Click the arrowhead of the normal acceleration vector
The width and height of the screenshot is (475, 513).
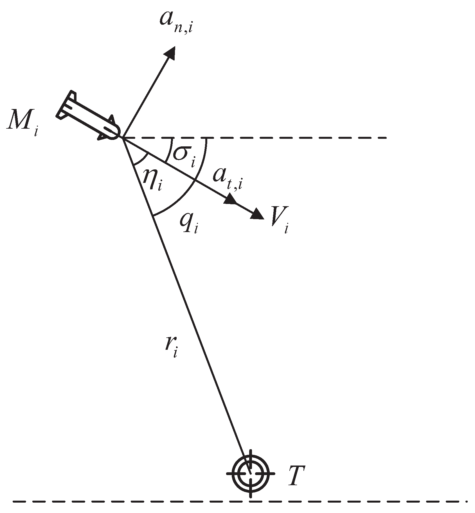coord(170,53)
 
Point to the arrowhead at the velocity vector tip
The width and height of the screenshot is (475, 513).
coord(257,214)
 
